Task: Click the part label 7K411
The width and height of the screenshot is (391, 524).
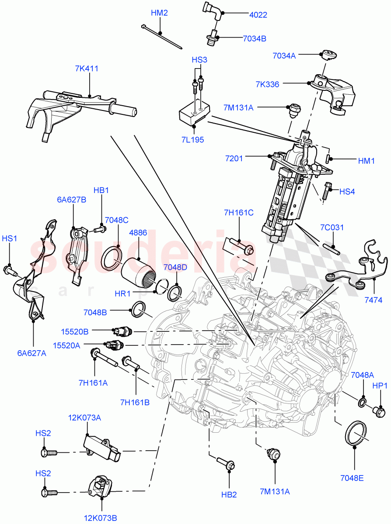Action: [x=86, y=69]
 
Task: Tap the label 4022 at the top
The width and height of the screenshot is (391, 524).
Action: [x=258, y=15]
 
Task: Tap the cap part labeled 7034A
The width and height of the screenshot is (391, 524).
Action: [x=328, y=55]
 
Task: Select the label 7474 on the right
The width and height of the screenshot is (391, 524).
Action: [x=374, y=300]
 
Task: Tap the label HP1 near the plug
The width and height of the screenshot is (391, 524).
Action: [x=380, y=386]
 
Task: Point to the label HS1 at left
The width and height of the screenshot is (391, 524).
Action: [x=9, y=238]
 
